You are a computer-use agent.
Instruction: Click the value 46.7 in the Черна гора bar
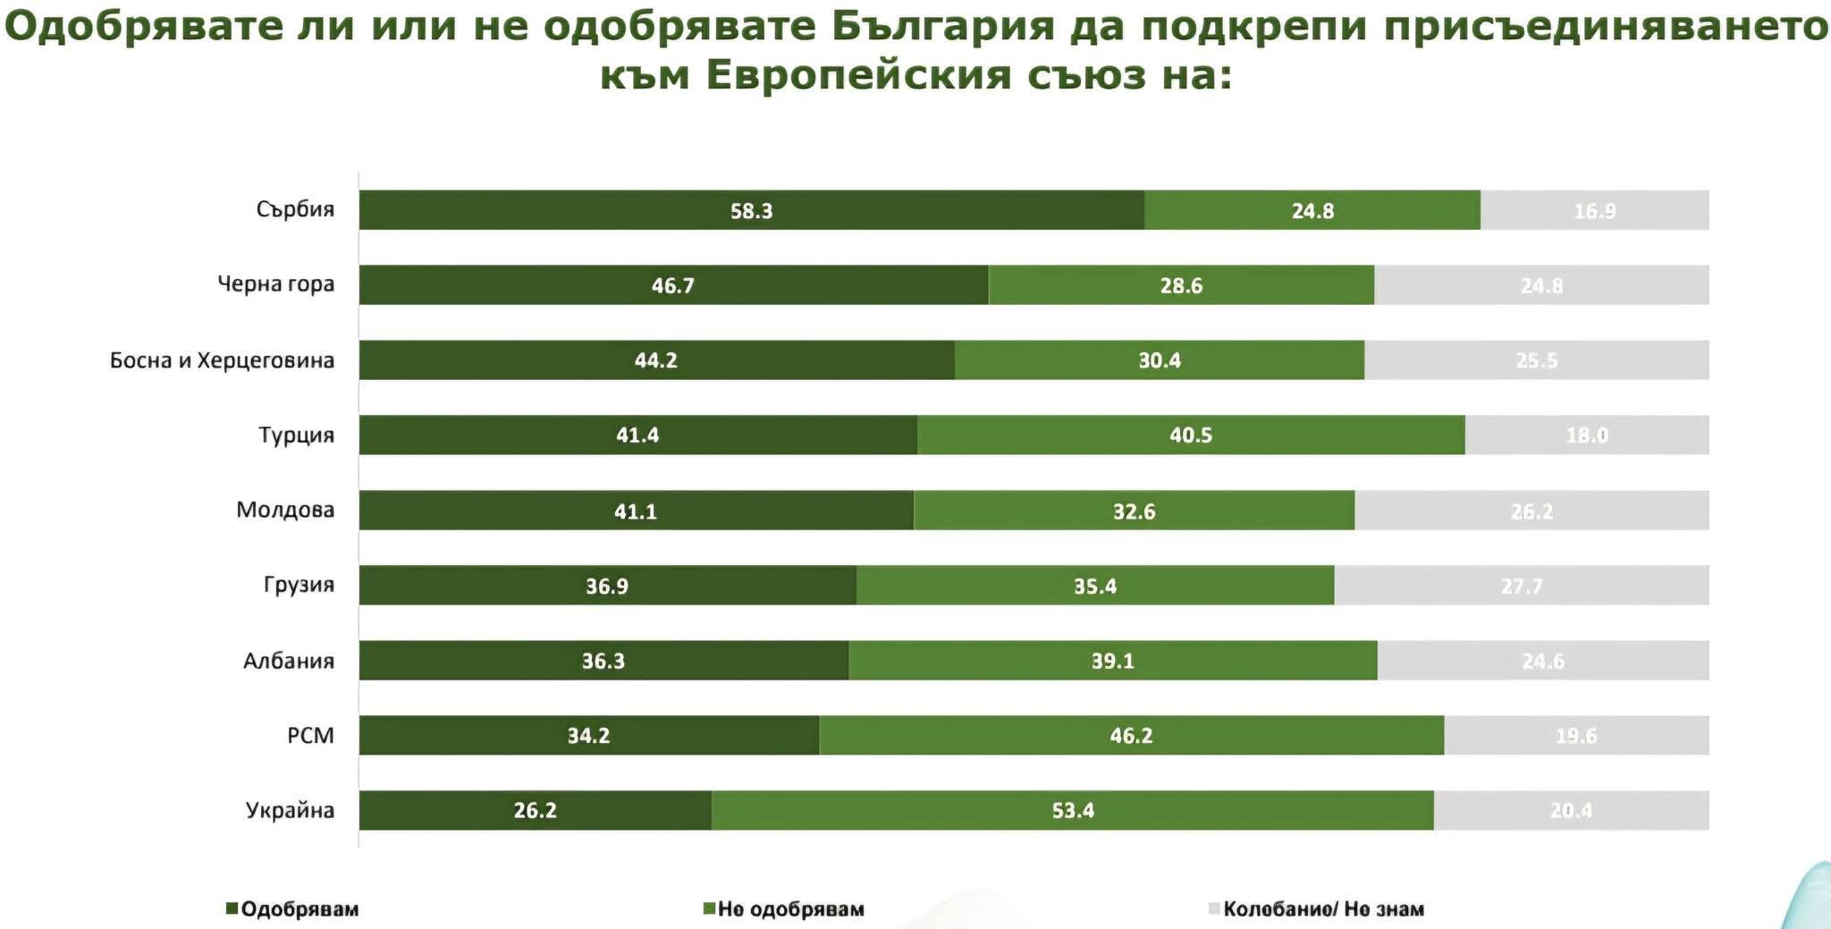coord(672,286)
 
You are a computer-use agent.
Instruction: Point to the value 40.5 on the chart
coord(1191,435)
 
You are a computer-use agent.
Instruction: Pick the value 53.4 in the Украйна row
coord(1073,811)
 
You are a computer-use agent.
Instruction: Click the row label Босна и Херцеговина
coord(222,360)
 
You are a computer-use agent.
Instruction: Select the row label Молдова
coord(285,510)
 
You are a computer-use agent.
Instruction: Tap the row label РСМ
coord(310,735)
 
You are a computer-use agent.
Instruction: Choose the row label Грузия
coord(299,585)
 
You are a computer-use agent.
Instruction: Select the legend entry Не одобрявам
coord(790,909)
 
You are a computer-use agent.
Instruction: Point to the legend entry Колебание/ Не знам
coord(1323,909)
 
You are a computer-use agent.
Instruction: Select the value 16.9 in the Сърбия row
coord(1594,211)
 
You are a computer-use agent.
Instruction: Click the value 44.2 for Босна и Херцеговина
coord(655,360)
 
